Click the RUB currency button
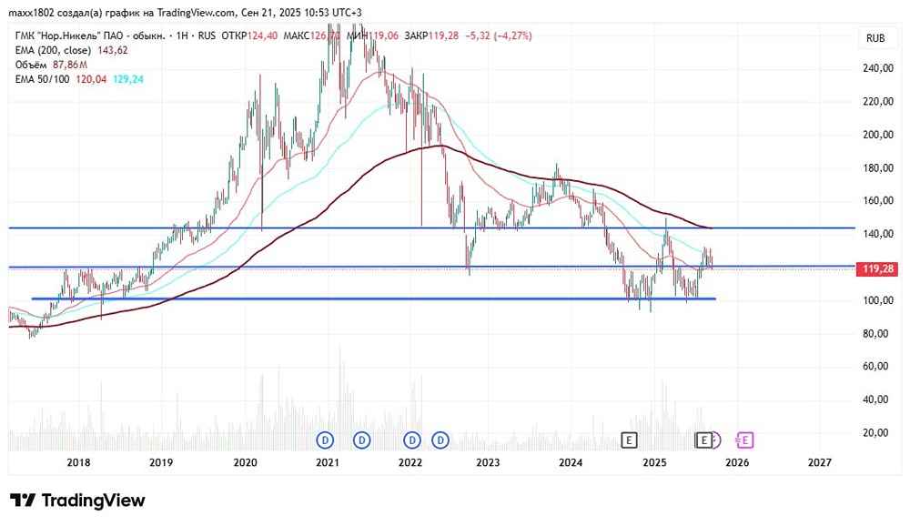tap(876, 38)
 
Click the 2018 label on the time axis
tap(79, 462)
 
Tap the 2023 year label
tap(488, 462)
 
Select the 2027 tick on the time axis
tap(820, 462)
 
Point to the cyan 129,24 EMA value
tap(126, 79)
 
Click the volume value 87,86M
tap(68, 66)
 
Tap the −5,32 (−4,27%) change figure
tap(498, 35)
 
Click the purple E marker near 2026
tap(744, 440)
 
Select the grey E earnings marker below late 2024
tap(628, 440)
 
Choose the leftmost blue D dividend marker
tap(326, 440)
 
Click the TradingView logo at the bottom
tap(77, 501)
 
